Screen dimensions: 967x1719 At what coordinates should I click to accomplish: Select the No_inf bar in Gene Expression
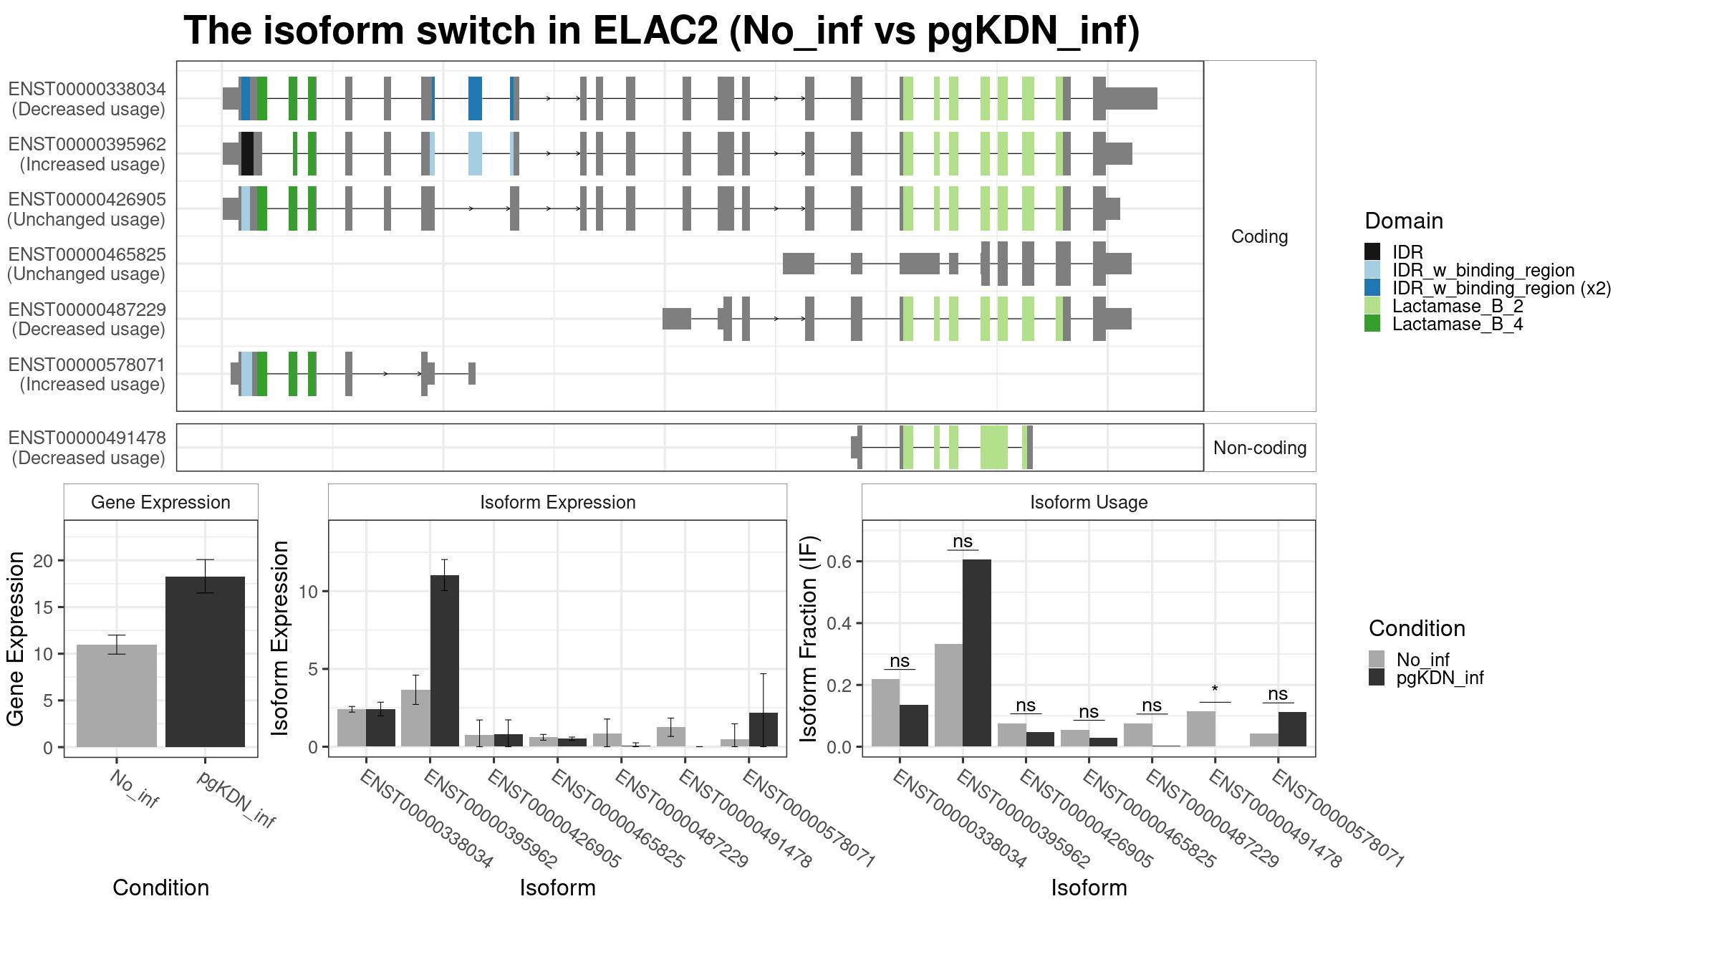point(116,696)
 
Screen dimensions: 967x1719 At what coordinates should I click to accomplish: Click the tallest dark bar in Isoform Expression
point(444,660)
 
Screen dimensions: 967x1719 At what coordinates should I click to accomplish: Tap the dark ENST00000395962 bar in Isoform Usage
point(977,653)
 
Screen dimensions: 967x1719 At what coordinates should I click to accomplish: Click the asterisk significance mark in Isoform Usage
point(1215,690)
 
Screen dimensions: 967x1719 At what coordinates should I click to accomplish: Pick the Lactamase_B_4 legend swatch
point(1372,324)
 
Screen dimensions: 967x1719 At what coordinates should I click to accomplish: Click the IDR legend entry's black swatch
point(1372,252)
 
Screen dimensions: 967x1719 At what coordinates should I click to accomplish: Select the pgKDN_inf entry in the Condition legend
point(1440,678)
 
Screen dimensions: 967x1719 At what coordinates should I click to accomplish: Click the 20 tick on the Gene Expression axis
point(44,561)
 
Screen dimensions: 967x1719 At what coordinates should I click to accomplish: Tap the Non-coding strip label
point(1259,448)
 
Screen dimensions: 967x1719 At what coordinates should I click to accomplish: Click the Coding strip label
point(1259,236)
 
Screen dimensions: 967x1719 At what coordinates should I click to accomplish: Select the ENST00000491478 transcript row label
point(87,448)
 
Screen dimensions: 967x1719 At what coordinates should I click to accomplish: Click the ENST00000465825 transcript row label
point(87,264)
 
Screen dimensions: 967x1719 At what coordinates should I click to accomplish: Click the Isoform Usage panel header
point(1089,502)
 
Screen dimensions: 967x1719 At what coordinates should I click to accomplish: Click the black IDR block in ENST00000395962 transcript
point(247,153)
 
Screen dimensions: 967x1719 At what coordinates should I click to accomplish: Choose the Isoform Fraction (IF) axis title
point(809,639)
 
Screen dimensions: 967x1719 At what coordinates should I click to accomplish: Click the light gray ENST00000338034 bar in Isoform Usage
point(885,713)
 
